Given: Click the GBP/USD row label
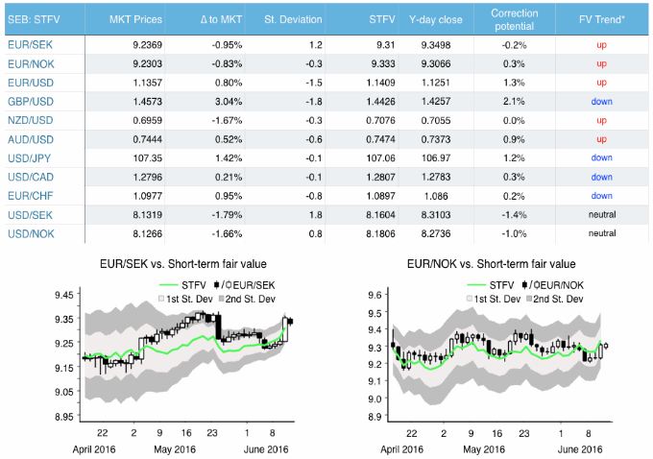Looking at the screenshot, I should point(31,99).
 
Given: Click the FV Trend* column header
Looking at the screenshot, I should point(602,20).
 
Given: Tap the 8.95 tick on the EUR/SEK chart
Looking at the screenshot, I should point(64,416).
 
